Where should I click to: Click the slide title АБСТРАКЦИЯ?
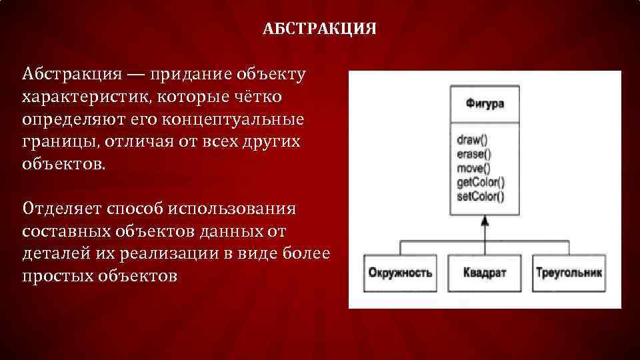coord(320,29)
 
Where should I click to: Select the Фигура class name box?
coord(485,104)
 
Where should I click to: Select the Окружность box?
coord(400,273)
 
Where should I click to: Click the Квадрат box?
coord(485,273)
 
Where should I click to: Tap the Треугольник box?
coord(569,273)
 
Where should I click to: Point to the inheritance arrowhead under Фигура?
coord(485,221)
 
